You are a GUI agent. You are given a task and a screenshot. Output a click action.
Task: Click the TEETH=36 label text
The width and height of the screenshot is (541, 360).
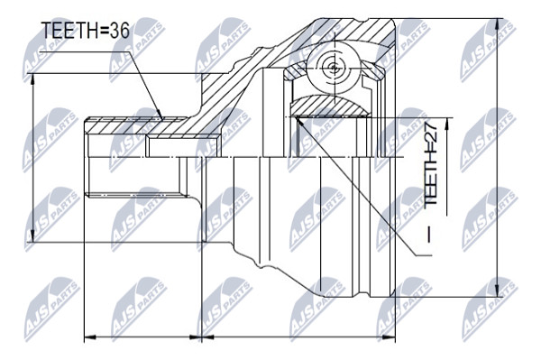[x=86, y=31]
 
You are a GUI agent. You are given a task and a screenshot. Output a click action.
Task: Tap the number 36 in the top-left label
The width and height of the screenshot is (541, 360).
[x=119, y=31]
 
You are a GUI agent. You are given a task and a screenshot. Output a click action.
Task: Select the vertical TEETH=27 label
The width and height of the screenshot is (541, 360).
[x=430, y=165]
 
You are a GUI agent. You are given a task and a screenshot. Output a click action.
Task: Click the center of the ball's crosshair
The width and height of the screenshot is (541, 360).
[x=334, y=68]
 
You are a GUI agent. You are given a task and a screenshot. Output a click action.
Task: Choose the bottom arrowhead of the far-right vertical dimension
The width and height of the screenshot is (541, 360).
[x=497, y=290]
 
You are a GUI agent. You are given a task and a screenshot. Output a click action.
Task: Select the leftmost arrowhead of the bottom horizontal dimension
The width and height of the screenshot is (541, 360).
[x=91, y=337]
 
